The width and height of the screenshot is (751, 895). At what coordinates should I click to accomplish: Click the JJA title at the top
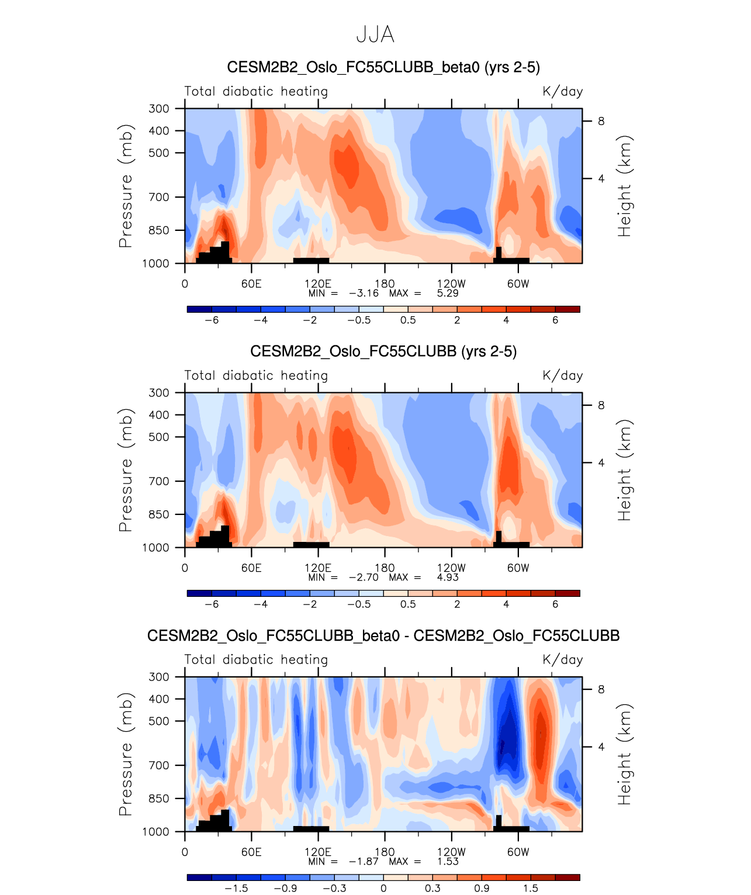point(375,34)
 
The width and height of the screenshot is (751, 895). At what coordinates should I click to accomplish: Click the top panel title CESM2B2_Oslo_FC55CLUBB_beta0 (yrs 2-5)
point(383,67)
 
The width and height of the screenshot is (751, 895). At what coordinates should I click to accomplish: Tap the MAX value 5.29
point(448,293)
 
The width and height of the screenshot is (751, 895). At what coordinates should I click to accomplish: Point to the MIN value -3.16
point(364,293)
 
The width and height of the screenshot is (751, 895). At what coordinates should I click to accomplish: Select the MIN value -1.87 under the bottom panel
point(364,861)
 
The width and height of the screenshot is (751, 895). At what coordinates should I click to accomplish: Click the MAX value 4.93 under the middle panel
point(448,577)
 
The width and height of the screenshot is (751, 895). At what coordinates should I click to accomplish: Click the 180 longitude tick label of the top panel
point(385,284)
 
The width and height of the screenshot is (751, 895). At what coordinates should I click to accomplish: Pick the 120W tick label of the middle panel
point(451,568)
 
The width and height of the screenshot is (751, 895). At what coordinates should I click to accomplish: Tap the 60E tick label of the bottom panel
point(251,852)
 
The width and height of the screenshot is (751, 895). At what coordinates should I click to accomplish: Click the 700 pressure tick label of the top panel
point(159,197)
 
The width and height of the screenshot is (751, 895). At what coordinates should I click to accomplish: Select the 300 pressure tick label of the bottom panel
point(159,677)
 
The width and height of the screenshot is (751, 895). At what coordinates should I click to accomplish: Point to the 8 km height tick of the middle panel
point(601,405)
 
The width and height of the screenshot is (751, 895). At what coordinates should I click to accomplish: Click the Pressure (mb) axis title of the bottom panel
point(126,754)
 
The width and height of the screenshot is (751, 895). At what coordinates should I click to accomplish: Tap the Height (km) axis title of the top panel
point(625,186)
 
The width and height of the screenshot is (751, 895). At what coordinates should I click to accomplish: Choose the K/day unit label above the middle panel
point(562,375)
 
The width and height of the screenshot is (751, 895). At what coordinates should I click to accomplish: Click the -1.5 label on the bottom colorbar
point(236,888)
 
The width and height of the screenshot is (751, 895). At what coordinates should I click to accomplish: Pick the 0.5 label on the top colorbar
point(408,320)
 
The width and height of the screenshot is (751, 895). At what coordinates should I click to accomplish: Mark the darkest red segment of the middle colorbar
point(567,593)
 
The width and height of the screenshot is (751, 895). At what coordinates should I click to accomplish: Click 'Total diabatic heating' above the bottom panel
point(256,659)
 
